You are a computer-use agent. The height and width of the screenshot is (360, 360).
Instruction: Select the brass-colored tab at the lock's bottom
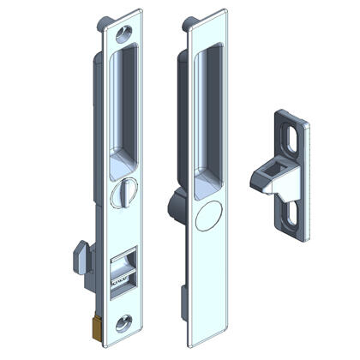pyautogui.click(x=95, y=327)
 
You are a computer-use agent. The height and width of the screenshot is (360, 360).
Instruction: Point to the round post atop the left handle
pyautogui.click(x=104, y=21)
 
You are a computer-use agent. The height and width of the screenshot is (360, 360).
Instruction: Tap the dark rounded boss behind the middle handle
pyautogui.click(x=172, y=204)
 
